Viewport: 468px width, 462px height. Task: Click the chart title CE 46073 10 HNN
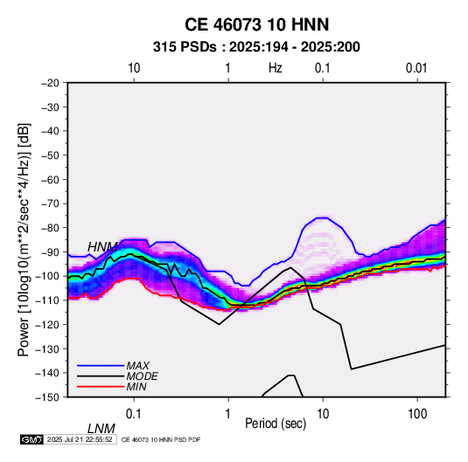tap(256, 24)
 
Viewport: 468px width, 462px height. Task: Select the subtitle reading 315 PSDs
tap(185, 47)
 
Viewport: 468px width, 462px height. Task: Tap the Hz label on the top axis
tap(276, 68)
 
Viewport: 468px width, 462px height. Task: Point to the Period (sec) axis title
tap(276, 424)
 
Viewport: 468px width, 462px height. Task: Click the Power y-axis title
tap(24, 239)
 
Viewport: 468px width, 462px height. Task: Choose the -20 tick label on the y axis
tap(50, 83)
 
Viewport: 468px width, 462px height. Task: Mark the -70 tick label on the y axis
tap(50, 203)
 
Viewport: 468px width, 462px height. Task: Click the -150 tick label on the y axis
tap(47, 397)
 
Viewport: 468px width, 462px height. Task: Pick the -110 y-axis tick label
tap(47, 300)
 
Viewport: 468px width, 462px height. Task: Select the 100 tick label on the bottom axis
tap(417, 414)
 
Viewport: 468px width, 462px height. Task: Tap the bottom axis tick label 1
tap(228, 414)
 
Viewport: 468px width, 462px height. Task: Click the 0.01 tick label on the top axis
tap(416, 68)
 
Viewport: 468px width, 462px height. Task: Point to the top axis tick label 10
tap(134, 68)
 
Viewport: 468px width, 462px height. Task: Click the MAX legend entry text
tap(137, 365)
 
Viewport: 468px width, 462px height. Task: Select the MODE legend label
tap(142, 376)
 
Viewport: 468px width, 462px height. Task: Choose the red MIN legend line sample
tap(101, 387)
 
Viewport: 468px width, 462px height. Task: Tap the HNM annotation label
tap(102, 247)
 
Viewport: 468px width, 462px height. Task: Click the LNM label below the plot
tap(101, 429)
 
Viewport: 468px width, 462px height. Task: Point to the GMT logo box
tap(32, 439)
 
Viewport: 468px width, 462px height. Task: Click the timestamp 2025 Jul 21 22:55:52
tap(80, 439)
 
